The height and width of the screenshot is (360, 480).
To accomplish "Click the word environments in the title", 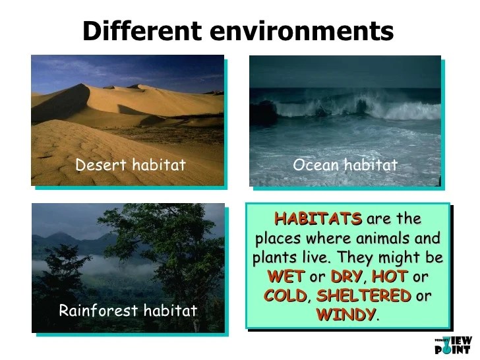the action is pos(302,31).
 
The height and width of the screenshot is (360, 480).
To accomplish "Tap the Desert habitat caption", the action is pos(131,165).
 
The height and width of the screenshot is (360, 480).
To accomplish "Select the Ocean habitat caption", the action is pos(345,165).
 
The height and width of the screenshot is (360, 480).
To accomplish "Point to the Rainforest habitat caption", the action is pos(128,311).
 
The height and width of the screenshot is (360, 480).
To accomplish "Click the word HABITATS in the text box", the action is pos(318,219).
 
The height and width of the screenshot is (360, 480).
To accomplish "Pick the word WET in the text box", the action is pos(286,276).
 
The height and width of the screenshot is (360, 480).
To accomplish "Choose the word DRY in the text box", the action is pos(347,276).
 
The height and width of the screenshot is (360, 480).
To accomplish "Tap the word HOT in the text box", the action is pos(390,276).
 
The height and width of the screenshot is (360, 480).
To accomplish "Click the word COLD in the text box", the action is pos(285,295).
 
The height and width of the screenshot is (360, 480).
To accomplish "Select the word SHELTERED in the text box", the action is pos(364,295).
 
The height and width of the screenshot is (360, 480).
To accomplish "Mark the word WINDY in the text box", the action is pos(346,315).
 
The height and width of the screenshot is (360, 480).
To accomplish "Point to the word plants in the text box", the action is pos(274,258).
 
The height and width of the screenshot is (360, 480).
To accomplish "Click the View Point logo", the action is pos(454,345).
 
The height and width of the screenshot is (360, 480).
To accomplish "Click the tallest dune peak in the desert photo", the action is pos(81,84).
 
